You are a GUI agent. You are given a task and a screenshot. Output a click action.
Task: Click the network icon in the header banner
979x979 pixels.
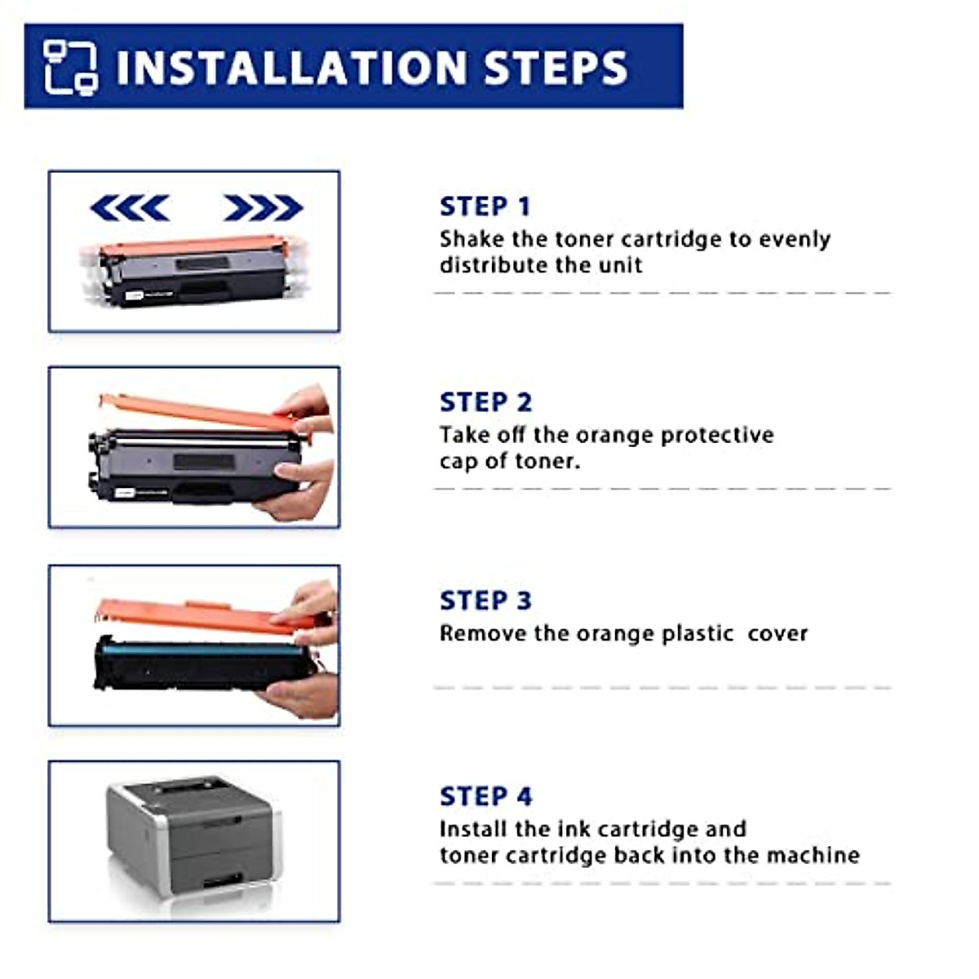(71, 68)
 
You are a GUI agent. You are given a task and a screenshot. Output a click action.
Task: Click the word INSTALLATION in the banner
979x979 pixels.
(290, 67)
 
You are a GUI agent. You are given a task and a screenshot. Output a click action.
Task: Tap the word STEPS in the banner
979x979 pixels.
(556, 67)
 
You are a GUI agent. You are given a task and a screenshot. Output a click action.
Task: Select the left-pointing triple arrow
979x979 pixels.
(130, 207)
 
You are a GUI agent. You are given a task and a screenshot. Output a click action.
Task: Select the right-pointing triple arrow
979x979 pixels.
(263, 207)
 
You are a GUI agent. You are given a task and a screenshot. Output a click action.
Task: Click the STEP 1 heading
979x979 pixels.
(485, 206)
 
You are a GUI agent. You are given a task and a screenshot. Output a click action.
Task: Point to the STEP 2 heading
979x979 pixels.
(485, 402)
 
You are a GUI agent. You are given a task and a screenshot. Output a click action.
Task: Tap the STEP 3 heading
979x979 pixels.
(485, 600)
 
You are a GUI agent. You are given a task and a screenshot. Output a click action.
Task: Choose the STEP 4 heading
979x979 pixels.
(485, 795)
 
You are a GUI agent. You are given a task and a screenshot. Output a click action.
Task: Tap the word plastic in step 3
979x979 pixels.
(698, 634)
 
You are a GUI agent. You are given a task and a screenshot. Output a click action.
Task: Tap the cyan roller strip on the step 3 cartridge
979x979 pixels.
(203, 649)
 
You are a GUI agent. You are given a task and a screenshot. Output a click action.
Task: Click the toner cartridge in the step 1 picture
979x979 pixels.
(194, 271)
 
